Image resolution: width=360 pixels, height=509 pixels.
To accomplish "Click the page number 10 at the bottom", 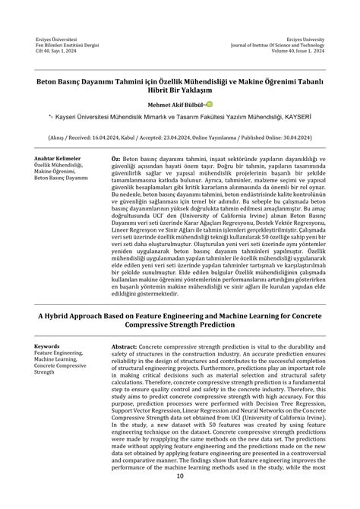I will click(180, 476).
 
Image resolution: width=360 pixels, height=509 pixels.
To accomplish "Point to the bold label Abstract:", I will click(124, 345).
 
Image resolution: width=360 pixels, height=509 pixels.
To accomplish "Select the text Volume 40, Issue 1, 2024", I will click(297, 50).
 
